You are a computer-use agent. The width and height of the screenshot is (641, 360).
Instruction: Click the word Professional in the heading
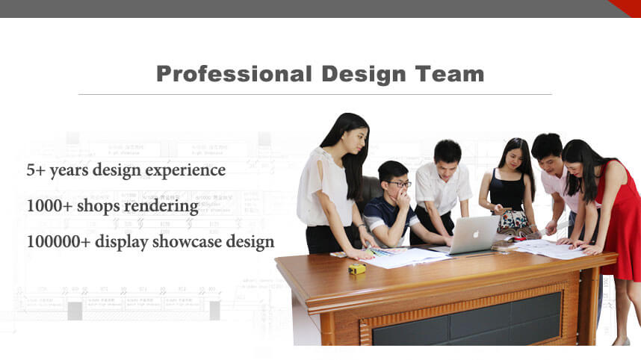(x=234, y=74)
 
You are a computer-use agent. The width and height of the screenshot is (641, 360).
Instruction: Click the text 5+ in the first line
(x=35, y=170)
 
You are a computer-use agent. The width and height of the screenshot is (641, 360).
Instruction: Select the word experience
(x=186, y=171)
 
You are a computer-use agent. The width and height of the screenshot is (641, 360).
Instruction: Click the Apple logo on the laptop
(x=475, y=234)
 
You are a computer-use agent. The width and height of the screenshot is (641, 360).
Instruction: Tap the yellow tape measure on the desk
(x=358, y=268)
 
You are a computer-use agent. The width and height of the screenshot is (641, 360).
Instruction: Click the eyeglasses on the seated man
(x=400, y=184)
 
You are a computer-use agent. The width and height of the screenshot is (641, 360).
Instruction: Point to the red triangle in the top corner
(x=626, y=7)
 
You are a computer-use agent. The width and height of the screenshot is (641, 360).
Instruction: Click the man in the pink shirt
(x=557, y=187)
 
